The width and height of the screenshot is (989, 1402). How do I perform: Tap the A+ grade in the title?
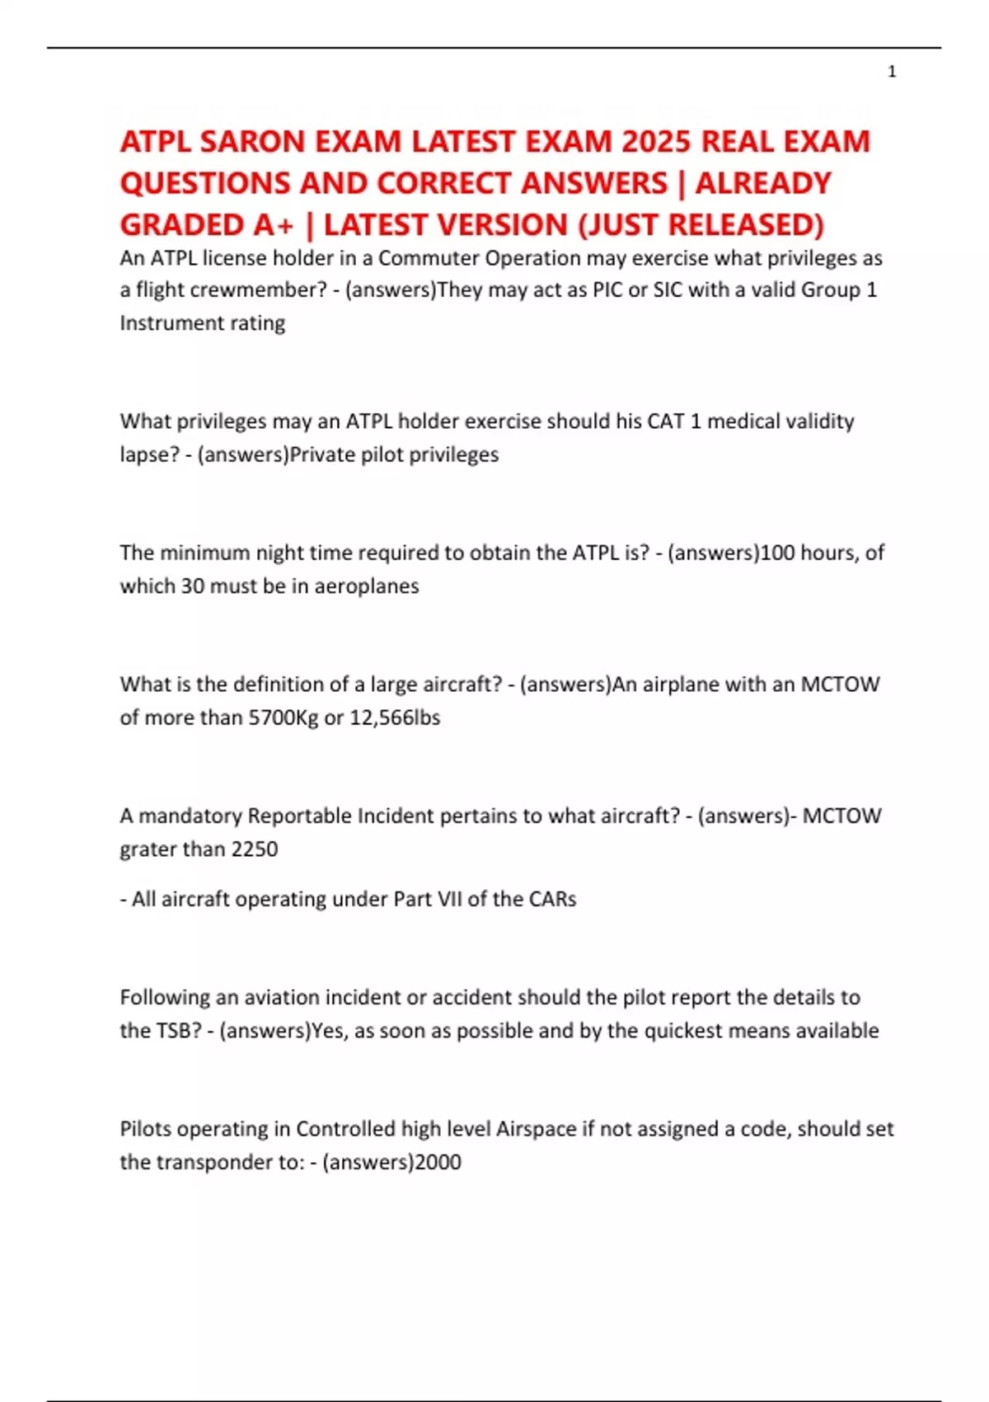[271, 224]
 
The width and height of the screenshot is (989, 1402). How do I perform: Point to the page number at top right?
[892, 73]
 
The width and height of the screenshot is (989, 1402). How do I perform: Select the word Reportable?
[299, 816]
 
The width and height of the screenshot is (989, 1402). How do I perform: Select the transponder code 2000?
[438, 1162]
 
